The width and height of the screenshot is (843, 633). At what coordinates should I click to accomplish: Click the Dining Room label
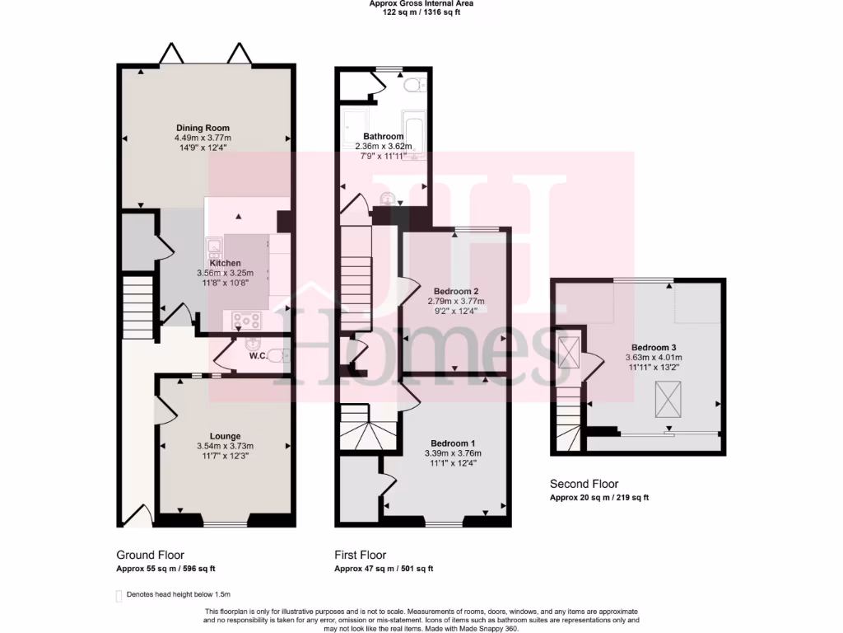(x=203, y=128)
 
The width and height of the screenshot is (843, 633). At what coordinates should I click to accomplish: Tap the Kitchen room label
(x=225, y=263)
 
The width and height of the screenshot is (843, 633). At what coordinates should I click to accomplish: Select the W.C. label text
(x=258, y=356)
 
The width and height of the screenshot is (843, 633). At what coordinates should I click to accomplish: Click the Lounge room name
(x=225, y=436)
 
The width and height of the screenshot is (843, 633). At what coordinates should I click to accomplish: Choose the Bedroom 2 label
(x=456, y=291)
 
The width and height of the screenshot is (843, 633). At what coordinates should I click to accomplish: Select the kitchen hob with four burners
(x=246, y=320)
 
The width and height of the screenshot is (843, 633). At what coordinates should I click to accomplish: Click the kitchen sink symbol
(x=215, y=246)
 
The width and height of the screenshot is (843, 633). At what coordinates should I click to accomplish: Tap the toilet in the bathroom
(x=413, y=83)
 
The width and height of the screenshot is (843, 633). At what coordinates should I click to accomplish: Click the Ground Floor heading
(x=150, y=555)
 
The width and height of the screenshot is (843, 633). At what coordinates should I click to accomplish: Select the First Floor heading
(x=360, y=555)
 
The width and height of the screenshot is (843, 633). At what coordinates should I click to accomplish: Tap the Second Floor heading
(x=584, y=484)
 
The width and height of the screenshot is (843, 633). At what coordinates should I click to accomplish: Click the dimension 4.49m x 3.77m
(x=203, y=138)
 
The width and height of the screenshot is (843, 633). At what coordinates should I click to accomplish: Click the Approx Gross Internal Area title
(x=421, y=4)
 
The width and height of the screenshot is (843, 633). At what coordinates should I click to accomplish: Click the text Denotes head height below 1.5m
(x=179, y=593)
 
